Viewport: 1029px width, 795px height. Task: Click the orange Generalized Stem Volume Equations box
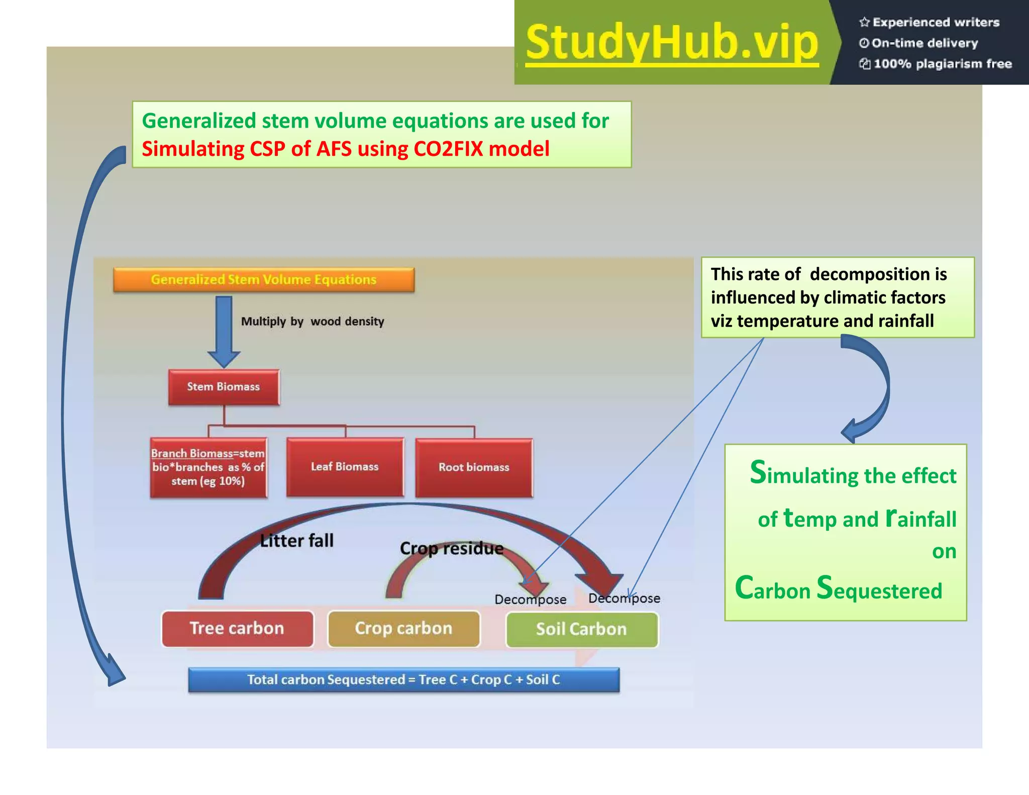click(264, 280)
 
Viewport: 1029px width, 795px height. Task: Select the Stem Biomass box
click(224, 387)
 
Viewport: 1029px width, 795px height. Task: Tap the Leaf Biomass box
click(345, 467)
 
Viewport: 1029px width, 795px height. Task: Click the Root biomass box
click(474, 467)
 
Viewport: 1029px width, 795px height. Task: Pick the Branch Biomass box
click(208, 467)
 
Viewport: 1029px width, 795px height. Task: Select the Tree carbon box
click(237, 629)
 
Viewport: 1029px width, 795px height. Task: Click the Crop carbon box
click(403, 629)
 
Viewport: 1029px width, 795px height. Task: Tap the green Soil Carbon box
click(581, 629)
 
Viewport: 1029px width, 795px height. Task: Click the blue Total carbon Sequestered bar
click(403, 680)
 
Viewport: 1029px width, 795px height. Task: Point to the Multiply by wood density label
click(312, 322)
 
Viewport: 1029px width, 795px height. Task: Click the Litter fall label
click(296, 541)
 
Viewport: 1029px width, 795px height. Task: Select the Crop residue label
click(451, 548)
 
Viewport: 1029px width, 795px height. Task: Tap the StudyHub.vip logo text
click(672, 43)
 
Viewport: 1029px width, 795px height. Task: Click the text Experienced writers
click(936, 22)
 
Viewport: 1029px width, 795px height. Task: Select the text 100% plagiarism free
click(942, 64)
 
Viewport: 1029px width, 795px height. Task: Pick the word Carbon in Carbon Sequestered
click(772, 588)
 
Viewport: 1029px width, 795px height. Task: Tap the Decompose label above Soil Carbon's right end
click(624, 599)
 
